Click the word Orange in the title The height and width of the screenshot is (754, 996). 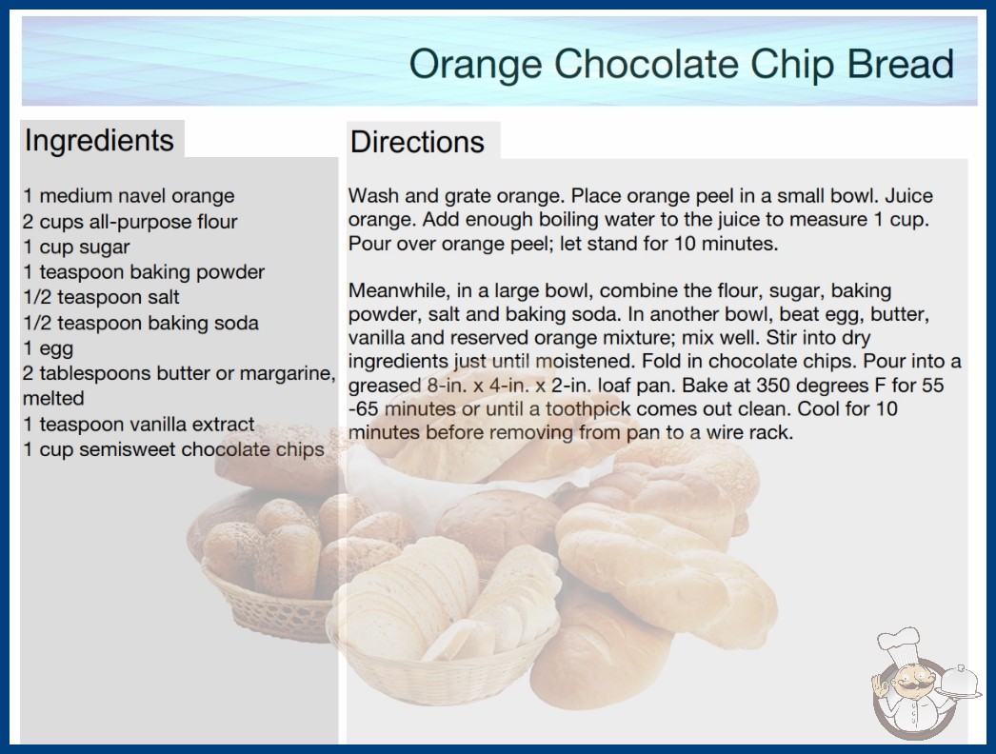pos(476,65)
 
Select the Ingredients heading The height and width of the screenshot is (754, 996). pos(99,140)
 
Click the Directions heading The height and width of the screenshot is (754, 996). pos(417,142)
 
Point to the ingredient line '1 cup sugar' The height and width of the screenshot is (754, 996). pos(76,248)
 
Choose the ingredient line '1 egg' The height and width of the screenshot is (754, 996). pos(49,348)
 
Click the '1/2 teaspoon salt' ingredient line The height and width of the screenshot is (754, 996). pos(101,297)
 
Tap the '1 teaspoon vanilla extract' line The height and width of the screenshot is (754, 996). pos(138,425)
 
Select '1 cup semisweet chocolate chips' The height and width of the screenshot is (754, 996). pos(173,449)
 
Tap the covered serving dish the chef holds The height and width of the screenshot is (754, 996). pos(959,683)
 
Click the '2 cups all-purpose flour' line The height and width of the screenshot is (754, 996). pos(129,222)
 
